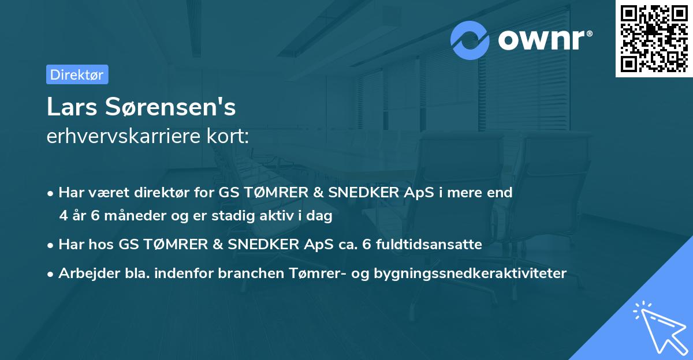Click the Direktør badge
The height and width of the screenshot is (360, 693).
point(77,74)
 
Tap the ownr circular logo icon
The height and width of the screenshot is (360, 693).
point(470,40)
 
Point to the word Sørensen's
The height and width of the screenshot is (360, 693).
point(169,107)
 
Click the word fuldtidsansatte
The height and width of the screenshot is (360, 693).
point(429,245)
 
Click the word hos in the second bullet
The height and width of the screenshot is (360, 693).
point(105,245)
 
